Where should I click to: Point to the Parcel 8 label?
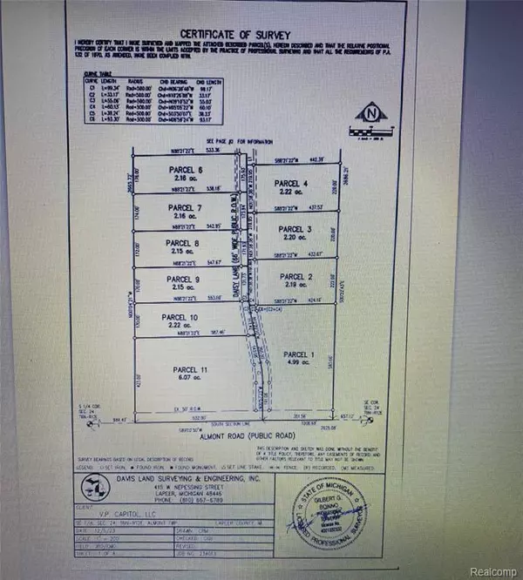pos(185,243)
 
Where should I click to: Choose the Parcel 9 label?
pos(185,279)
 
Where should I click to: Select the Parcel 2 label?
pos(295,276)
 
